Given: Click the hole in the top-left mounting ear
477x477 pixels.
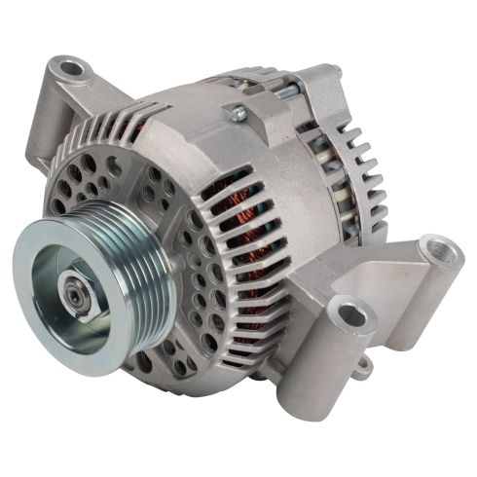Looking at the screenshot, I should click(x=70, y=71).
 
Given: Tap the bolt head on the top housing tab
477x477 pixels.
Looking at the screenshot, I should click(x=235, y=114).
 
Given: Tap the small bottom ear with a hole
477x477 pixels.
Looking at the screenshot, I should click(x=362, y=368).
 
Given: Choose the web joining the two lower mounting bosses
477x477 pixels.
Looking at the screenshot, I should click(x=389, y=292).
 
